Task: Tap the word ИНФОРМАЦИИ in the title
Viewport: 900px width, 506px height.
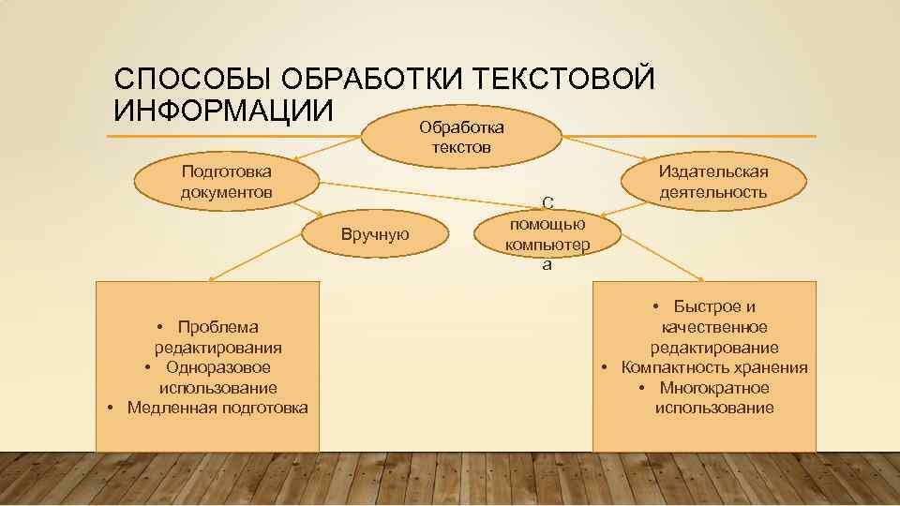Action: tap(223, 110)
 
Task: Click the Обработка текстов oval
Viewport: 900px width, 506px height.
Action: tap(461, 137)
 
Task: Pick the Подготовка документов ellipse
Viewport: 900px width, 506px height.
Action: tap(227, 181)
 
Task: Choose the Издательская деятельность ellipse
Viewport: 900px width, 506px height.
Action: tap(712, 182)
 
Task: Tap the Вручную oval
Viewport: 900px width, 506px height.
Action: tap(375, 232)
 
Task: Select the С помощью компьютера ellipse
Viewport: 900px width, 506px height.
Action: tap(547, 234)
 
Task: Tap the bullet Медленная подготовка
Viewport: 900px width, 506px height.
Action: tap(208, 408)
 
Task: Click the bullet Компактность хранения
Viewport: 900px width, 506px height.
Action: tap(705, 367)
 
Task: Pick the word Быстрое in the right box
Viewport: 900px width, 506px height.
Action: tap(714, 306)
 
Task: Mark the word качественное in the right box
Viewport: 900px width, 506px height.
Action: tap(714, 327)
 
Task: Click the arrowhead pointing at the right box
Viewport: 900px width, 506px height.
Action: tap(700, 277)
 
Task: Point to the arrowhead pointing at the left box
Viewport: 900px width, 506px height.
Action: tap(211, 278)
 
